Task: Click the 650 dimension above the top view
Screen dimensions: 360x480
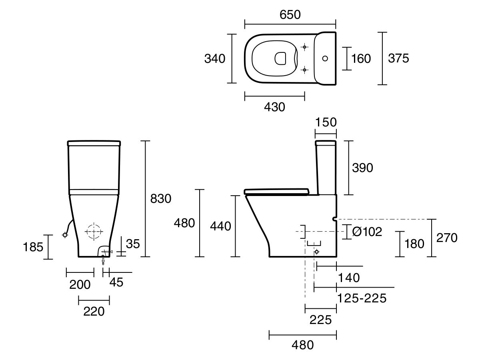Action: click(x=290, y=15)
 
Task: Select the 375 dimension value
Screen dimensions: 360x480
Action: click(x=398, y=58)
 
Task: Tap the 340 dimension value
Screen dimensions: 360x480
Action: click(x=215, y=58)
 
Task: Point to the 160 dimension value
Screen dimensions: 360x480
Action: click(x=361, y=59)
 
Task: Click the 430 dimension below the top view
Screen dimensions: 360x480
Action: click(x=274, y=107)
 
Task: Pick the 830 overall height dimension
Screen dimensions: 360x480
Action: click(x=160, y=198)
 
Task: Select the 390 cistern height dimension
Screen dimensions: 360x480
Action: click(x=362, y=168)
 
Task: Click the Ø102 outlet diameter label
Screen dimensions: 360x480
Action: click(x=367, y=231)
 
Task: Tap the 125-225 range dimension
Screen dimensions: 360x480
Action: click(x=362, y=298)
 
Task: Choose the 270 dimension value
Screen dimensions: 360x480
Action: click(x=446, y=238)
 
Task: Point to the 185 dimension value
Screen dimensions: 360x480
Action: click(x=33, y=247)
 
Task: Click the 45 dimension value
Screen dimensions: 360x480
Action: click(x=116, y=282)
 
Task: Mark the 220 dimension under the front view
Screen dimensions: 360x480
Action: click(x=94, y=311)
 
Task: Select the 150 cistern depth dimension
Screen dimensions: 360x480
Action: click(x=326, y=122)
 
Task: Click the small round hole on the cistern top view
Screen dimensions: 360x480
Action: click(x=325, y=58)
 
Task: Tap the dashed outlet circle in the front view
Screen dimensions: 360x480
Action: click(x=94, y=231)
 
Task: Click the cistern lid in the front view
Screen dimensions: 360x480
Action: click(x=94, y=143)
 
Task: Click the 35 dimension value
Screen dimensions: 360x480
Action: click(x=133, y=243)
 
